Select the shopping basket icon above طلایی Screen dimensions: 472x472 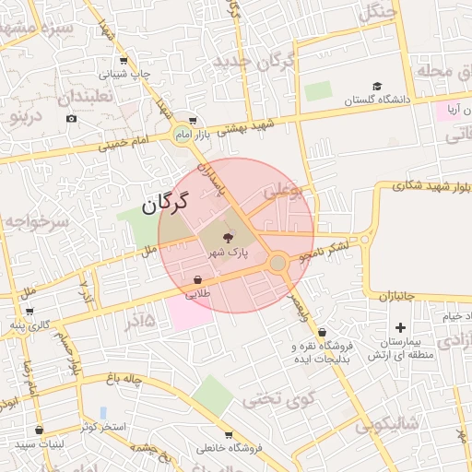coord(197,279)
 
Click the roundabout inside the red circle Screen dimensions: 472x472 coord(277,264)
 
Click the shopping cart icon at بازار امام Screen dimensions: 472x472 coord(192,119)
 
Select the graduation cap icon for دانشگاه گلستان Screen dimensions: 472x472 coord(378,85)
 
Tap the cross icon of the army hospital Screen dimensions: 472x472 coord(400,327)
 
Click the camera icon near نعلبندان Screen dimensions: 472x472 coord(72,119)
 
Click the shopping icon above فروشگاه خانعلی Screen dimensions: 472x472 coord(229,433)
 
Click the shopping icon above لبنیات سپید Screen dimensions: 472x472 coord(39,430)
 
